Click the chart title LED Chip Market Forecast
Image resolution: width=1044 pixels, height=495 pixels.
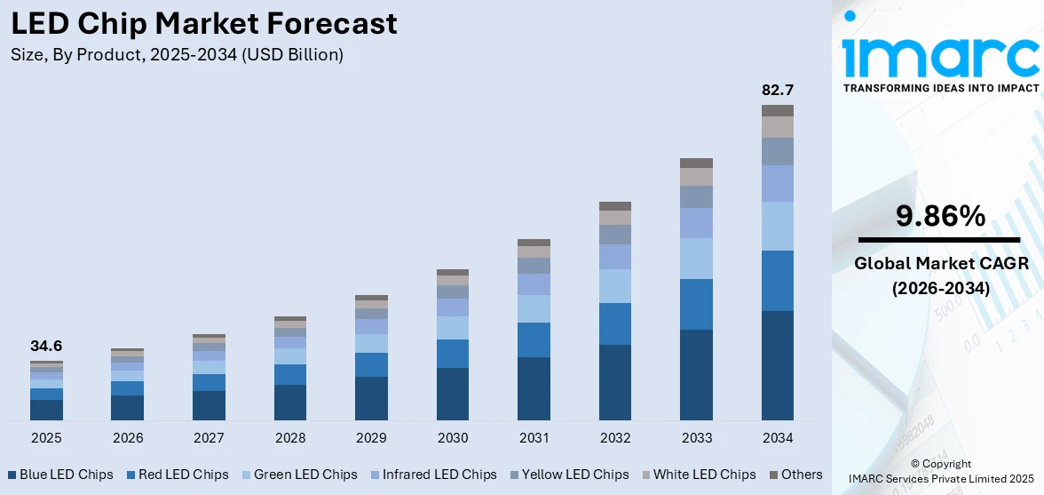point(204,24)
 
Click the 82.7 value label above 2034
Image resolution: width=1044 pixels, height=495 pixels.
point(778,90)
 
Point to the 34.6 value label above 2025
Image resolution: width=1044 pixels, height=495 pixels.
point(46,347)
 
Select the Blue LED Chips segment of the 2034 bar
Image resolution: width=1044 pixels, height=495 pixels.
point(778,365)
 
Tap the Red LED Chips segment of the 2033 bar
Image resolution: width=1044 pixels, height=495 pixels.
point(696,304)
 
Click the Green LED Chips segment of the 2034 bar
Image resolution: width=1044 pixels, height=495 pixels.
point(778,226)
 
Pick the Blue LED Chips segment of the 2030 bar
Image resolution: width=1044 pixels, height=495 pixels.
point(453,394)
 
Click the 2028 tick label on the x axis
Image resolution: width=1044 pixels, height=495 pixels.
point(290,438)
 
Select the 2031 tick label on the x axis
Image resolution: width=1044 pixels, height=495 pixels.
point(534,438)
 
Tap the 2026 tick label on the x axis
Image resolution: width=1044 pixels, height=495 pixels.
point(128,438)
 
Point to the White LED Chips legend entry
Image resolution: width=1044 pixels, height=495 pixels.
point(699,475)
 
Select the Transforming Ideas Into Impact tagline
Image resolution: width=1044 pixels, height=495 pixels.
point(940,88)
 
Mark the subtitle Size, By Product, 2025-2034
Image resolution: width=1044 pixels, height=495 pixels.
point(177,55)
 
